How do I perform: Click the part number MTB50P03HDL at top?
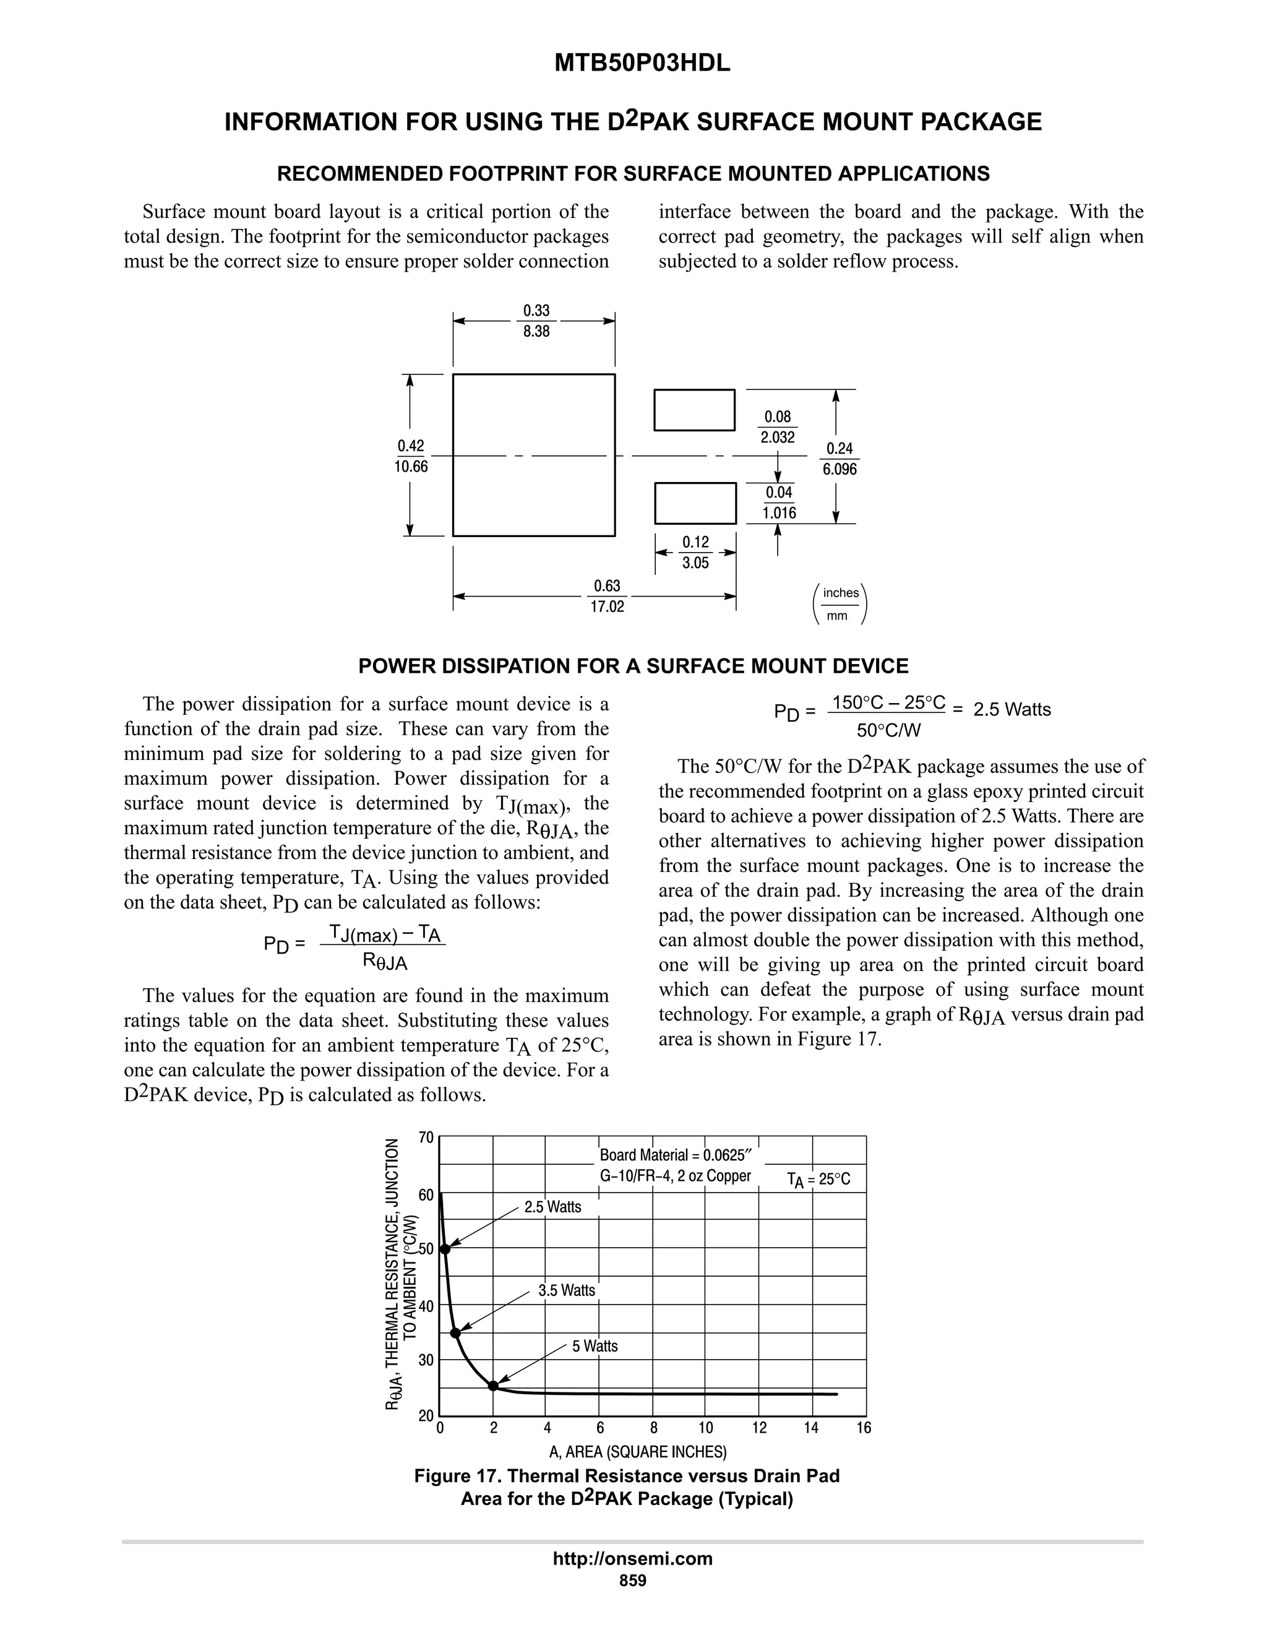(642, 64)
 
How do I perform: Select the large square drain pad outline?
(534, 455)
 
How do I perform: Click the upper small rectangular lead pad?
(694, 410)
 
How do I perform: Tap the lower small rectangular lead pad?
(695, 503)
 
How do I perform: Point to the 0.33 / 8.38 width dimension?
(536, 321)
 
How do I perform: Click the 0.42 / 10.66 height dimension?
(411, 457)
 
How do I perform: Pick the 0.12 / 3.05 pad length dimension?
(695, 553)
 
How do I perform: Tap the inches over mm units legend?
(840, 604)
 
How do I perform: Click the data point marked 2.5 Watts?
(445, 1249)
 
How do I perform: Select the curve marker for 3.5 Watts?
(455, 1333)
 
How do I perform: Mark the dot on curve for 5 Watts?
(493, 1386)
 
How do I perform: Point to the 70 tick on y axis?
(426, 1137)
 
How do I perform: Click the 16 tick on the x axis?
(864, 1428)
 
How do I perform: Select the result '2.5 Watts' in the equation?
(1011, 710)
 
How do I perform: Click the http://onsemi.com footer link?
(633, 1559)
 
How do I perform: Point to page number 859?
(633, 1581)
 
